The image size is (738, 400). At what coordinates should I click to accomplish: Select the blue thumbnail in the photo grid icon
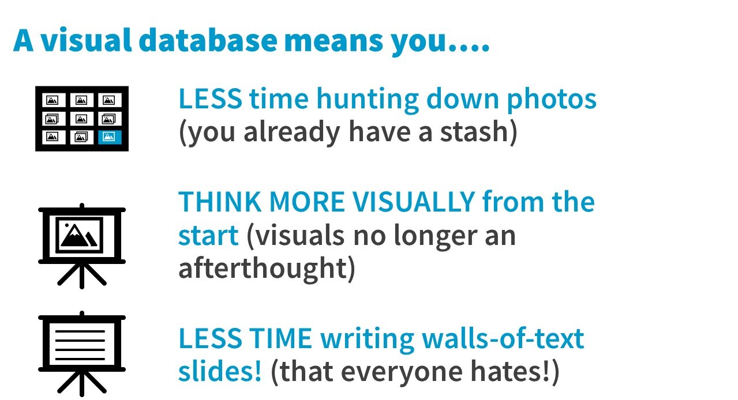(109, 137)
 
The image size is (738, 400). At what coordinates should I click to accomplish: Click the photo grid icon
(81, 118)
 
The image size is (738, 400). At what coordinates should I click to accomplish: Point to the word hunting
(367, 100)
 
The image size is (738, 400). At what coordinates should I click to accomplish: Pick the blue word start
(208, 235)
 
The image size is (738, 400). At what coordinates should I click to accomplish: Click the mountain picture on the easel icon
(81, 234)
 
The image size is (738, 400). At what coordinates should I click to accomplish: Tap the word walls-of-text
(501, 338)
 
